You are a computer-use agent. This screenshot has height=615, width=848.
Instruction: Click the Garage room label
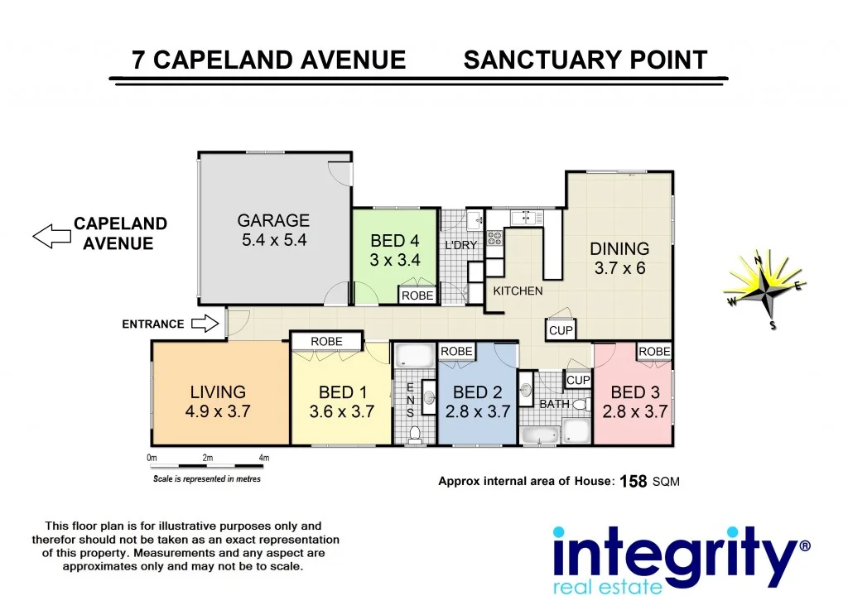[273, 221]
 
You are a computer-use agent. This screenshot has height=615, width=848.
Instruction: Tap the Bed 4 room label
[395, 241]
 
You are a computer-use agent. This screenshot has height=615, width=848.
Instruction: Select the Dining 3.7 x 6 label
[619, 248]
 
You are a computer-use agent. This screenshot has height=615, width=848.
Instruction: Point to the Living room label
[218, 392]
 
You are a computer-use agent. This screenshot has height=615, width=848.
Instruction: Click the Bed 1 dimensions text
[341, 411]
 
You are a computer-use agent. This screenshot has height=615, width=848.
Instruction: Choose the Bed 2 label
[478, 392]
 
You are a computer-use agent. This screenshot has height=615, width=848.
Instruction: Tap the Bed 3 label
[635, 392]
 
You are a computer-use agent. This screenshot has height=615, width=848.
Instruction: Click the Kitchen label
[518, 291]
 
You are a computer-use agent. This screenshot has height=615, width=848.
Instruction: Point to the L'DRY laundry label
[461, 246]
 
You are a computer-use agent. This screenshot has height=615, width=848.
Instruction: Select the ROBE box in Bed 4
[417, 295]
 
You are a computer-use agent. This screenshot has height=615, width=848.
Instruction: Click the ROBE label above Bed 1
[327, 341]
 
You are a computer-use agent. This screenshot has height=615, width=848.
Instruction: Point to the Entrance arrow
[204, 324]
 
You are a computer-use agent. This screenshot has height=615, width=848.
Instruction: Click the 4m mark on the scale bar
[263, 458]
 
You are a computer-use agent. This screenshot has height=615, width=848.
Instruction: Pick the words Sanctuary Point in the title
[585, 60]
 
